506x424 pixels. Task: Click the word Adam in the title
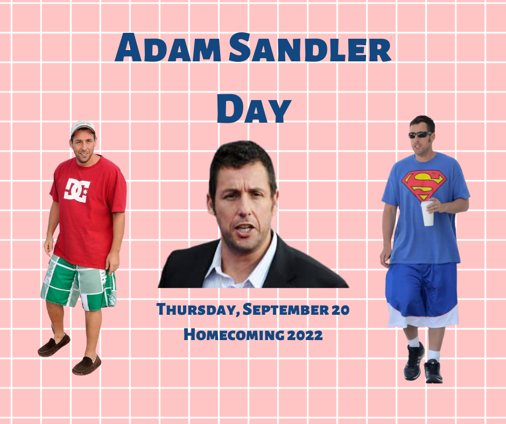pos(168,47)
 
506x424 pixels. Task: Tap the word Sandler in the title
pos(310,47)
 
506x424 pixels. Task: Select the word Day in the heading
pos(254,108)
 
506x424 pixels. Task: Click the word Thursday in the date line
pos(198,309)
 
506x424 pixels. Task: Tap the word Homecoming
pos(234,335)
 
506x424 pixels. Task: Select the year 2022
pos(305,335)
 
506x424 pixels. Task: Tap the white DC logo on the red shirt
pos(76,190)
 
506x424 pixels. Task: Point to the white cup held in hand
pos(427,213)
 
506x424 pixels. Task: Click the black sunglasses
pos(420,135)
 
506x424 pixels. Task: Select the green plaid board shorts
pos(79,283)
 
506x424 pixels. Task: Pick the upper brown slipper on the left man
pos(54,345)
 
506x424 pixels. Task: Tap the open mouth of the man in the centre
pos(244,229)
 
